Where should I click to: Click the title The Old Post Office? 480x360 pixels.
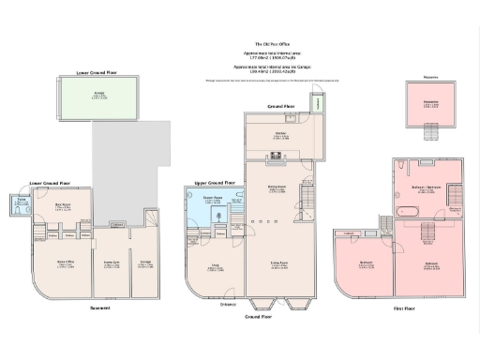[272, 43]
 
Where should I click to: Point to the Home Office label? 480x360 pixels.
[66, 263]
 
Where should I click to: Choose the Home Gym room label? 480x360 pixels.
[111, 263]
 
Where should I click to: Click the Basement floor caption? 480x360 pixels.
[99, 308]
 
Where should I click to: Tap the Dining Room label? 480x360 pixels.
[277, 187]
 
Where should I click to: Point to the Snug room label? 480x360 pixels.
[215, 265]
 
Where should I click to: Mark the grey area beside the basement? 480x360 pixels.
[127, 173]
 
